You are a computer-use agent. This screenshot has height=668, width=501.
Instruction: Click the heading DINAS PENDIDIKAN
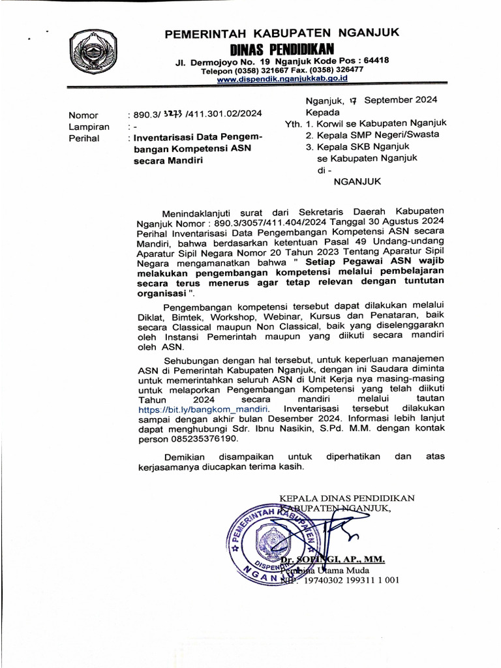pos(282,49)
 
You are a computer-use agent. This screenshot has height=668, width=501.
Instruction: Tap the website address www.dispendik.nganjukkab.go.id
pos(282,78)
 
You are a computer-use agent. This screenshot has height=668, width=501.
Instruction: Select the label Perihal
pos(85,138)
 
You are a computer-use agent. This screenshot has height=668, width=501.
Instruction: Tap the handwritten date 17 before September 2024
pos(353,100)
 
